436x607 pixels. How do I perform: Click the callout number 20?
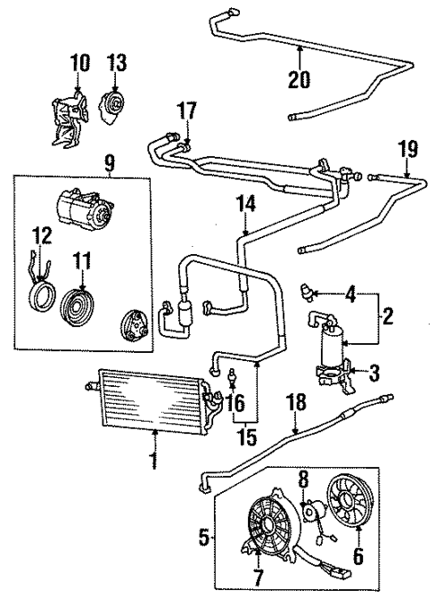(299, 79)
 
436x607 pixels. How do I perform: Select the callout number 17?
(185, 112)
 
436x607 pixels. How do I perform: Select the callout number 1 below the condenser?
(154, 462)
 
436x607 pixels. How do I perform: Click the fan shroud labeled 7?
(266, 529)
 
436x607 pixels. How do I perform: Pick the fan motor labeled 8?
(315, 514)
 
